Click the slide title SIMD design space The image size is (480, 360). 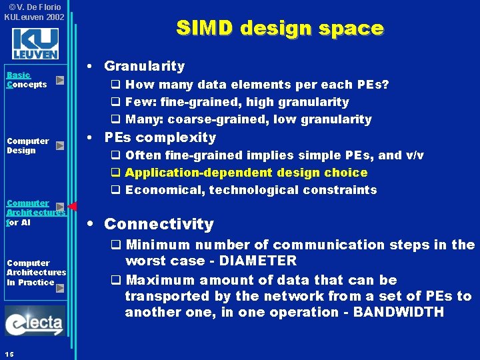pyautogui.click(x=279, y=28)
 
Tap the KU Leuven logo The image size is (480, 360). pyautogui.click(x=35, y=44)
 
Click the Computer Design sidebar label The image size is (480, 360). pyautogui.click(x=27, y=145)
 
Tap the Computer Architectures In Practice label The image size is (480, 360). pyautogui.click(x=36, y=272)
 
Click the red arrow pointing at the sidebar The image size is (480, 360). pyautogui.click(x=73, y=206)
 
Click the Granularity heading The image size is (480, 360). pyautogui.click(x=144, y=66)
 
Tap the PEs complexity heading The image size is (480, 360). pyautogui.click(x=160, y=137)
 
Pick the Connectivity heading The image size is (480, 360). pyautogui.click(x=159, y=224)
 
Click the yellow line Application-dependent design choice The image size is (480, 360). pyautogui.click(x=246, y=173)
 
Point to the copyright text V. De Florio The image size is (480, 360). pyautogui.click(x=34, y=7)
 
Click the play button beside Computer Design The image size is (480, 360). pyautogui.click(x=60, y=145)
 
